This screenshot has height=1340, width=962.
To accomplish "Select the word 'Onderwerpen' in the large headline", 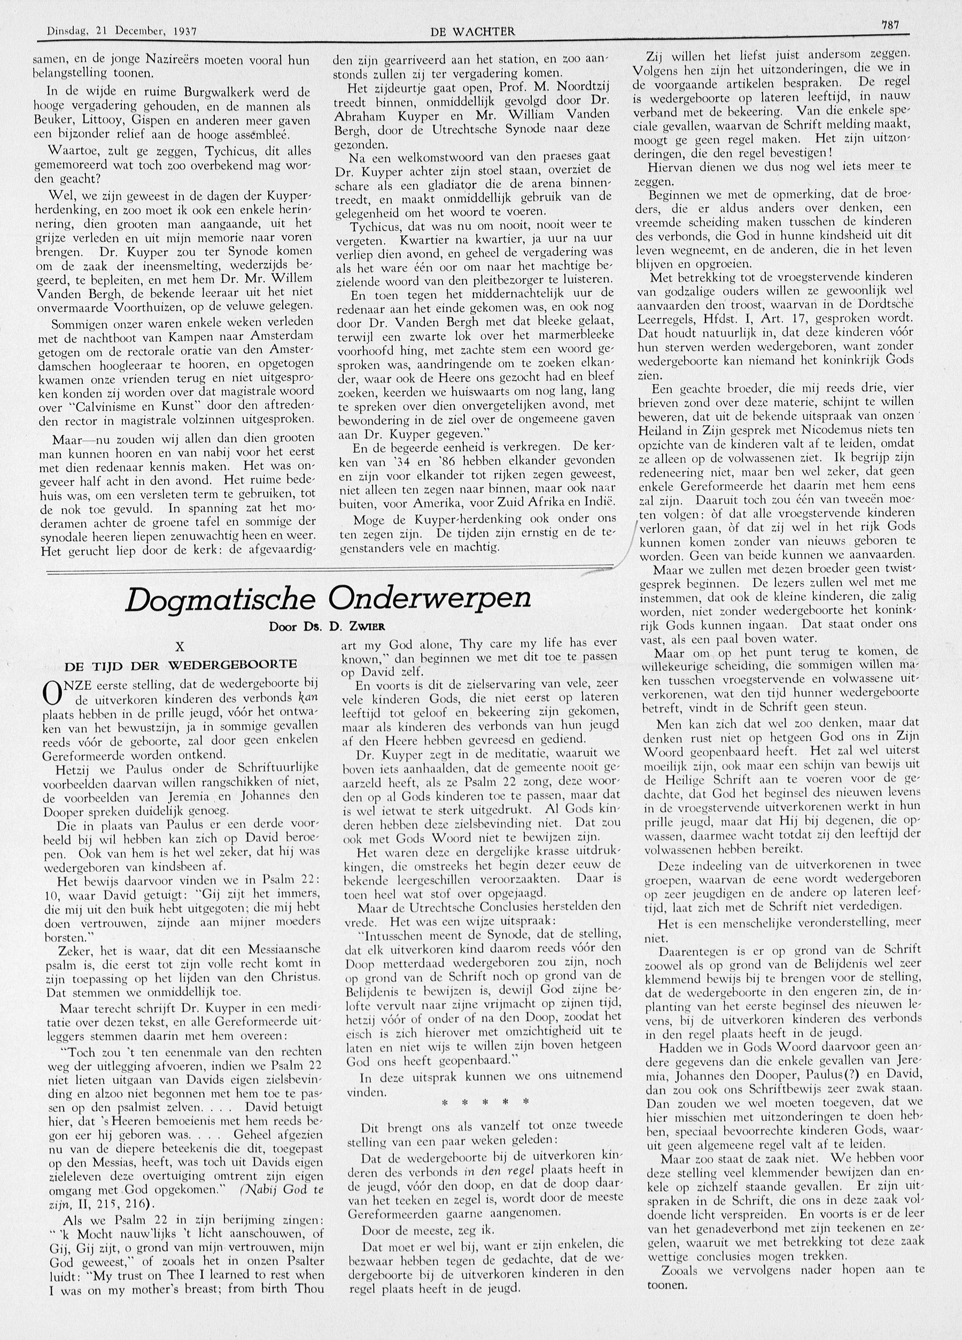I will click(430, 599).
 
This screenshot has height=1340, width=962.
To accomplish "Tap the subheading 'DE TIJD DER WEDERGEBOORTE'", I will click(181, 665).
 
